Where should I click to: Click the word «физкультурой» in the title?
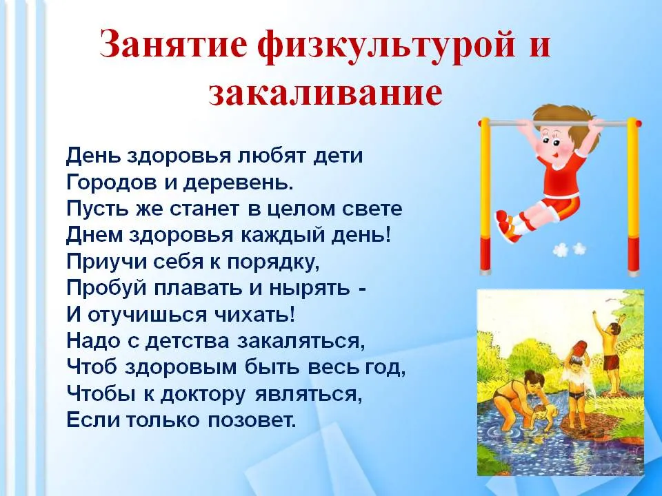386,46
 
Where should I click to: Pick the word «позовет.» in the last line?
252,420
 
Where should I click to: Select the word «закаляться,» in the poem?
301,341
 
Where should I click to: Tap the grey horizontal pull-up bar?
560,123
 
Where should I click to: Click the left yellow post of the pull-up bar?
485,196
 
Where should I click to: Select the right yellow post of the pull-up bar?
633,196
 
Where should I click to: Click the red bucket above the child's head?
576,350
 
